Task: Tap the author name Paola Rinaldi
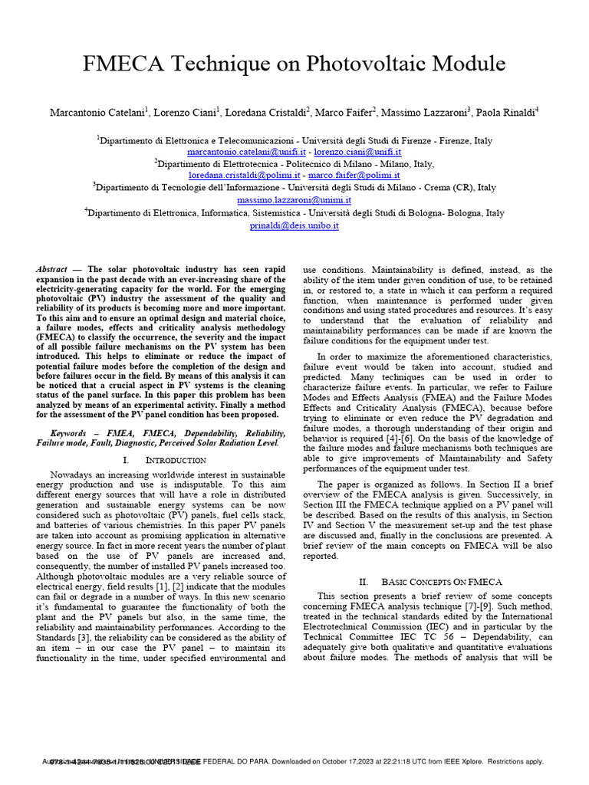pyautogui.click(x=507, y=113)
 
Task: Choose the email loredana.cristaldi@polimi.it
pyautogui.click(x=244, y=176)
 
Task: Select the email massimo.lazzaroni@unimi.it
pyautogui.click(x=294, y=199)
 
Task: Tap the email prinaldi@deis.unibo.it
pyautogui.click(x=294, y=226)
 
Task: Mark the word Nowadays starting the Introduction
pyautogui.click(x=74, y=474)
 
